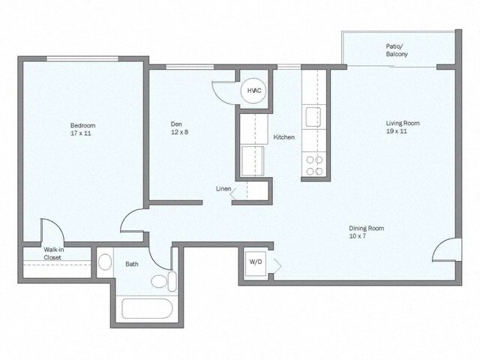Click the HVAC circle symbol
254,91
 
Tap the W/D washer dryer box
256,262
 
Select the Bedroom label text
83,125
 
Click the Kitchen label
283,137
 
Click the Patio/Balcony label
397,50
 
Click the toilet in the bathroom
162,282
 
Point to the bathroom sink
105,262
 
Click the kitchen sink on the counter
313,116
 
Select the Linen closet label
223,188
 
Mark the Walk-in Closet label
52,253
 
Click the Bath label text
132,264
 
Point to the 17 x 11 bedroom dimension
83,134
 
